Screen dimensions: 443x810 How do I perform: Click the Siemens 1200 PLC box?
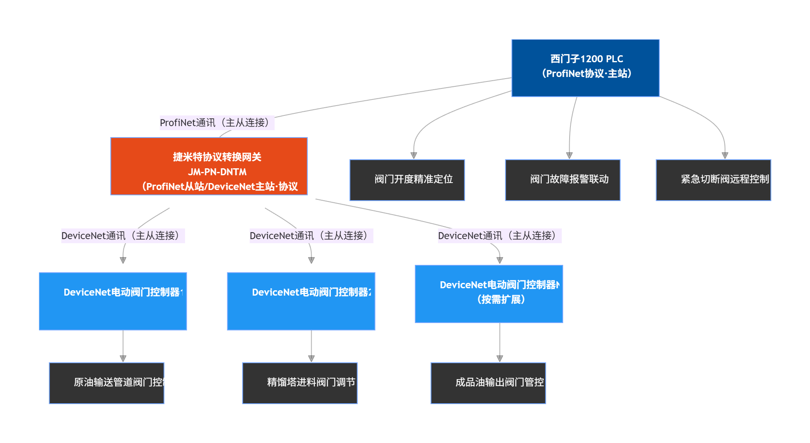coord(585,68)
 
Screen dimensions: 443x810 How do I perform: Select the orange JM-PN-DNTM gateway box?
coord(209,166)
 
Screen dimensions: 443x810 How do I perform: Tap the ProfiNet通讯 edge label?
coord(217,123)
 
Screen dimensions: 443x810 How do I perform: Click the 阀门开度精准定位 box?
coord(407,180)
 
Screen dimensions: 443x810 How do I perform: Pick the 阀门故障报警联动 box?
coord(563,180)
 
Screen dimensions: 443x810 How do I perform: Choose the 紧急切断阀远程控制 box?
coord(713,180)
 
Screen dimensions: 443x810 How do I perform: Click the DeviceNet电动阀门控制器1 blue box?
coord(113,301)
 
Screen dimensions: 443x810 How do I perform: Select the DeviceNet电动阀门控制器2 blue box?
coord(301,301)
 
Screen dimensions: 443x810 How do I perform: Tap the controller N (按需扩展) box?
coord(489,294)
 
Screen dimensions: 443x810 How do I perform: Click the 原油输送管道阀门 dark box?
coord(106,383)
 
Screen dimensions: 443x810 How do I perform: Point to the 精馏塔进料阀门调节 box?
coord(300,383)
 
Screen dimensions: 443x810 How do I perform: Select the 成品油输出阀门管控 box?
coord(488,383)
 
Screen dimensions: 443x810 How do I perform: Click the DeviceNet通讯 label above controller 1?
coord(123,236)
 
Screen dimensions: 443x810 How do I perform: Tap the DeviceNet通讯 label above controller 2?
coord(311,236)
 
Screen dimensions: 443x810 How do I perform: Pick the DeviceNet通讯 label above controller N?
coord(500,236)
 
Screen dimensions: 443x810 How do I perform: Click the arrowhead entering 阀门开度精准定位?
coord(414,156)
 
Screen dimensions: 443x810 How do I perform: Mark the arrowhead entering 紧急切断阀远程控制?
coord(725,156)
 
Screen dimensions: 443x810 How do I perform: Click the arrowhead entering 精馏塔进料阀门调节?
coord(311,358)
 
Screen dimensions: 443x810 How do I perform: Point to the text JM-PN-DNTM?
coord(217,172)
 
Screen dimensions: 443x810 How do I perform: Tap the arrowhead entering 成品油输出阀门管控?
coord(500,358)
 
